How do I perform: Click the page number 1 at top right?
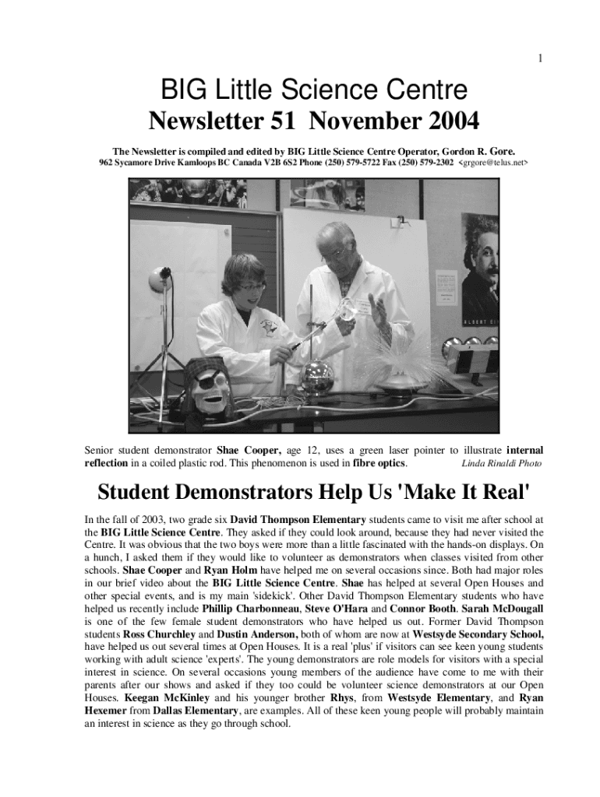click(x=539, y=58)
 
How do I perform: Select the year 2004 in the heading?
click(x=445, y=121)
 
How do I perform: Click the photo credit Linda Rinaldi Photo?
click(x=502, y=464)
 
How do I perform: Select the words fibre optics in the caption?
click(x=379, y=463)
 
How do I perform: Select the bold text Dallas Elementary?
click(x=195, y=711)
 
